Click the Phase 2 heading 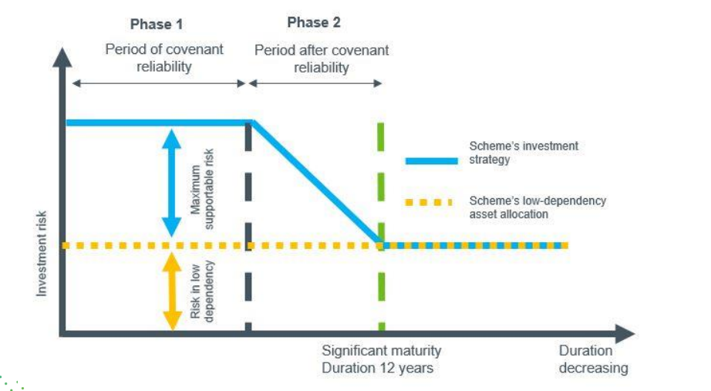314,22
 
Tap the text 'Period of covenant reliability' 164,58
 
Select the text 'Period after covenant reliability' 322,59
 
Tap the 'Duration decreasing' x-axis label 592,359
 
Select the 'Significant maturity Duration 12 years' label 381,359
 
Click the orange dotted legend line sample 428,202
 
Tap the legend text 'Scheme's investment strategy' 523,153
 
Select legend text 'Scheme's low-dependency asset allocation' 537,207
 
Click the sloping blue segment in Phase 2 316,182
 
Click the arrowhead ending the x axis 626,333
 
